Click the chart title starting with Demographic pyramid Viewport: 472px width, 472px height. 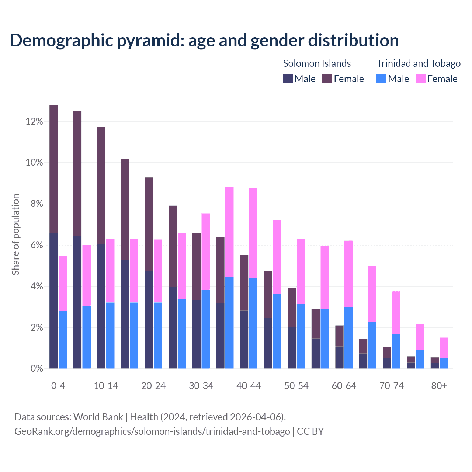(204, 41)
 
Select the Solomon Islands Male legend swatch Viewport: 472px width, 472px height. (288, 79)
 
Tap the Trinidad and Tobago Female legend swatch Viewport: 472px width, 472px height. (420, 79)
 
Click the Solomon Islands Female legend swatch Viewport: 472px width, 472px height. (327, 79)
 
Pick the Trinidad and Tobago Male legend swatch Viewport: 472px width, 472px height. (381, 79)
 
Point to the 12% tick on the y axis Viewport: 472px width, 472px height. (34, 122)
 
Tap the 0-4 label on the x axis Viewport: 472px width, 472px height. (58, 386)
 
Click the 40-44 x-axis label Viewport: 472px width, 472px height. (249, 386)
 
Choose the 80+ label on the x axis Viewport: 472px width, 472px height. (439, 386)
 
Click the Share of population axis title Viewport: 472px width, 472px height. (15, 235)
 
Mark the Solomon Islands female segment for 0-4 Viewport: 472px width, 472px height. (53, 169)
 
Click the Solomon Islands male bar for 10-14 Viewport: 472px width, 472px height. (101, 306)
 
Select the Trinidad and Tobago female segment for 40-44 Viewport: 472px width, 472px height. (253, 233)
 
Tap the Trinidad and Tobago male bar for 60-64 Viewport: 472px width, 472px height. (348, 338)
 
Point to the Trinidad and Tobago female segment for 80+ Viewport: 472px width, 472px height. (444, 347)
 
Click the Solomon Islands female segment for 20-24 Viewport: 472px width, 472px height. (149, 224)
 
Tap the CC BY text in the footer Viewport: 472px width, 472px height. (310, 431)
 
